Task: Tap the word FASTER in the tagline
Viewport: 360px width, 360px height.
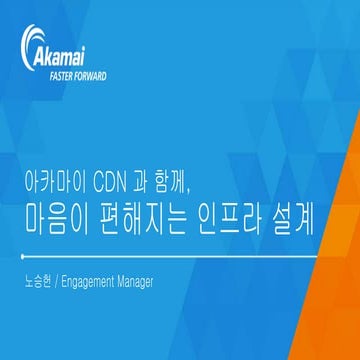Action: [x=64, y=76]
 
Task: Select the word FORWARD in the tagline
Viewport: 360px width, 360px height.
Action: [x=93, y=76]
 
